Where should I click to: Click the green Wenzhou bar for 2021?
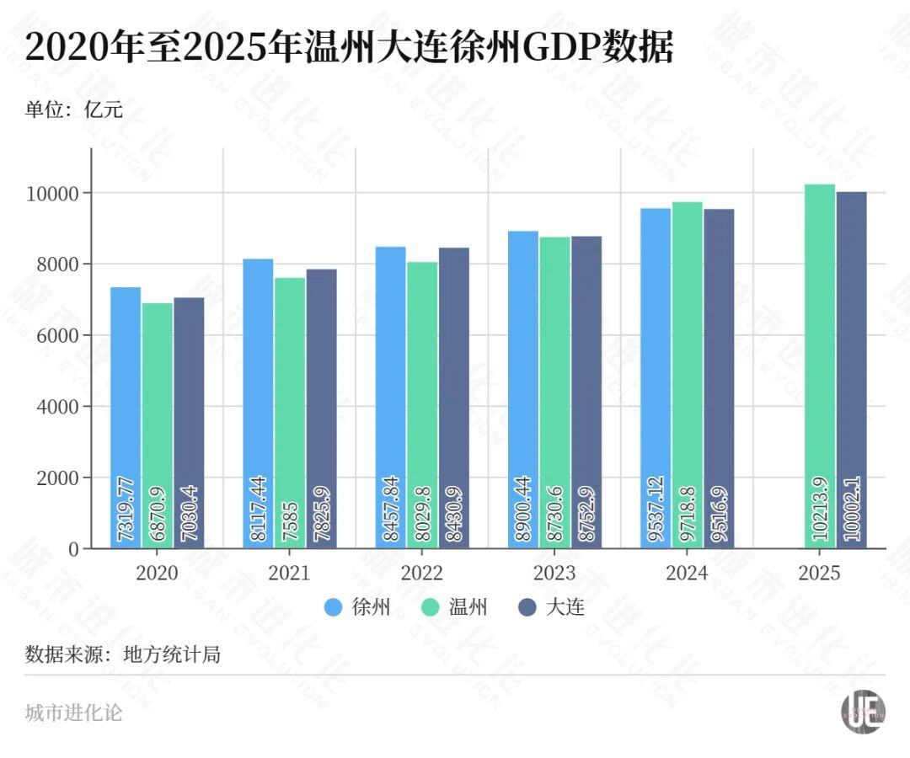click(x=290, y=404)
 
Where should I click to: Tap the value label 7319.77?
click(x=126, y=510)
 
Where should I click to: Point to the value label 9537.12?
click(x=656, y=510)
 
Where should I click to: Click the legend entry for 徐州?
click(x=357, y=607)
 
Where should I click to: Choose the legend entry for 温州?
click(x=454, y=607)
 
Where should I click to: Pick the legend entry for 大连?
click(x=551, y=607)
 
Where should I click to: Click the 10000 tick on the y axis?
click(x=54, y=194)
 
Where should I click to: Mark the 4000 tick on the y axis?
click(x=58, y=407)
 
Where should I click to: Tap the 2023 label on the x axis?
click(x=554, y=574)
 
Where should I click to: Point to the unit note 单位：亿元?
click(x=74, y=109)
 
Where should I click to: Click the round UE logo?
click(x=862, y=712)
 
